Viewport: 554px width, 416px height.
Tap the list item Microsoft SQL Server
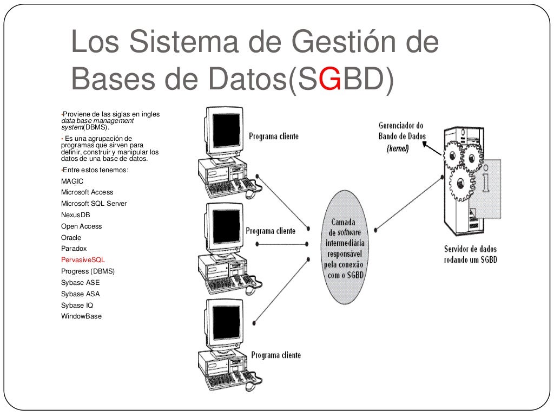[x=94, y=204]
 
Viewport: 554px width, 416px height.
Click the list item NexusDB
[x=75, y=215]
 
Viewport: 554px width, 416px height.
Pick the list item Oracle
[x=71, y=238]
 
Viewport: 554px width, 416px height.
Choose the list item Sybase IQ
[x=77, y=305]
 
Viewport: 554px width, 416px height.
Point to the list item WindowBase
[x=81, y=316]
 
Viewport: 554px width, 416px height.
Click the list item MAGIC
[x=72, y=181]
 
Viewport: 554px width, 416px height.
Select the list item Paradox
[x=74, y=249]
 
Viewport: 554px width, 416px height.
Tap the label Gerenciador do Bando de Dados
[x=401, y=131]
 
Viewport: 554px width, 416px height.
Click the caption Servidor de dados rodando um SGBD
[x=470, y=254]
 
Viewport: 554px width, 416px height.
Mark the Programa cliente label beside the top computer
[x=273, y=136]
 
